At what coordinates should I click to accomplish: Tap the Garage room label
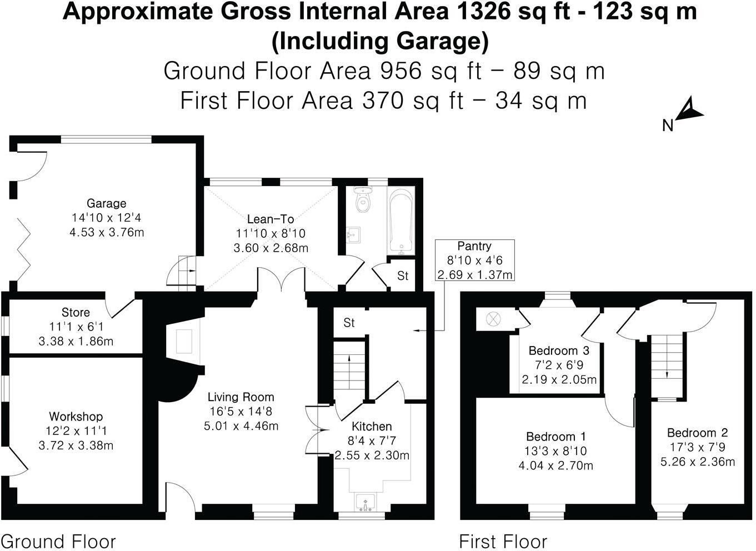pyautogui.click(x=106, y=203)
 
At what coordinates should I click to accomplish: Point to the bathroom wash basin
pyautogui.click(x=353, y=236)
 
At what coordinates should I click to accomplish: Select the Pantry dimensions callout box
pyautogui.click(x=474, y=260)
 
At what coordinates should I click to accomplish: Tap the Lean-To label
pyautogui.click(x=271, y=219)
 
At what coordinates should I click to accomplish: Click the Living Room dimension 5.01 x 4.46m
pyautogui.click(x=241, y=426)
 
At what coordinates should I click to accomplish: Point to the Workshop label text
pyautogui.click(x=76, y=416)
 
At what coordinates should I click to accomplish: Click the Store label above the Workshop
pyautogui.click(x=76, y=312)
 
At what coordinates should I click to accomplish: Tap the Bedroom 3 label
pyautogui.click(x=558, y=350)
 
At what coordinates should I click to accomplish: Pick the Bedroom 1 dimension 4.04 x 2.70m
pyautogui.click(x=555, y=465)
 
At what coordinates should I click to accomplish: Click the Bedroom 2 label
pyautogui.click(x=697, y=433)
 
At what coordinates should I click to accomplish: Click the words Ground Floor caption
pyautogui.click(x=58, y=541)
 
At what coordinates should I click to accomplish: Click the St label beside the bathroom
pyautogui.click(x=403, y=275)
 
